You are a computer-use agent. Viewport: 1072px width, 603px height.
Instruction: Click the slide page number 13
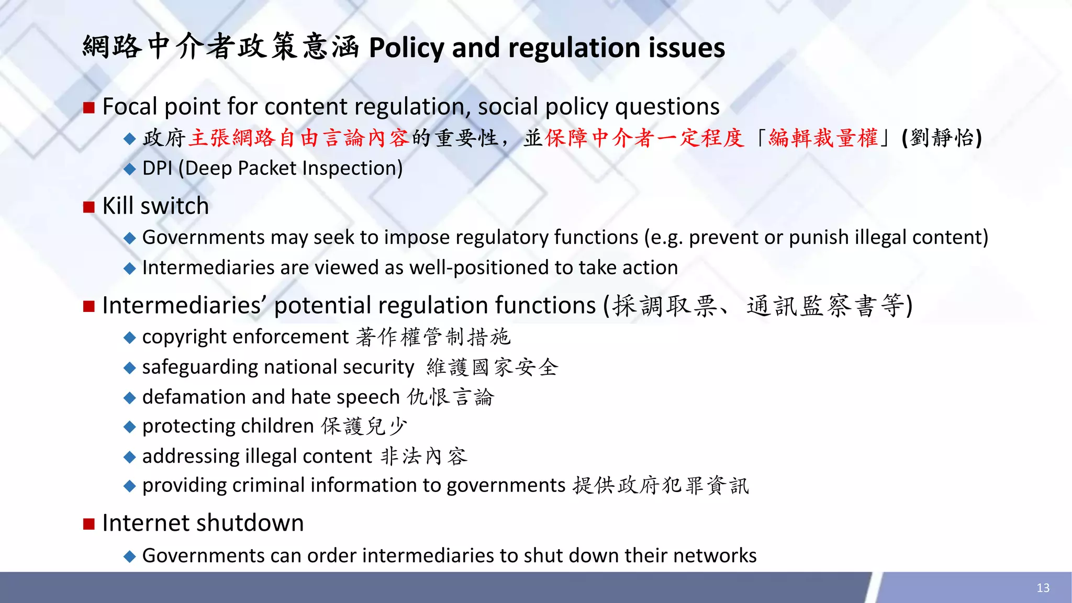[1043, 588]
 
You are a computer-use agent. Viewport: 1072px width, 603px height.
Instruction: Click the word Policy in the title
[407, 48]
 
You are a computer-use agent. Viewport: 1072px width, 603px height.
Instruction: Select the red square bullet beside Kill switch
[89, 207]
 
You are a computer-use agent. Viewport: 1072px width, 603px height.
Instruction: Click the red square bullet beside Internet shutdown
[89, 523]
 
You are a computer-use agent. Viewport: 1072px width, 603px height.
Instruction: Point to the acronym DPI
[157, 168]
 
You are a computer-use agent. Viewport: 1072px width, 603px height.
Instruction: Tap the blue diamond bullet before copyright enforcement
[129, 338]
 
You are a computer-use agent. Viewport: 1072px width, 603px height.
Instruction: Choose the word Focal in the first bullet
[130, 107]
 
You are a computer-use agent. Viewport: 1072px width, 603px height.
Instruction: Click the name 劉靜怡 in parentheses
[942, 138]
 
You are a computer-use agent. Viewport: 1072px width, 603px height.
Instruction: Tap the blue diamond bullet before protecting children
[129, 427]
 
